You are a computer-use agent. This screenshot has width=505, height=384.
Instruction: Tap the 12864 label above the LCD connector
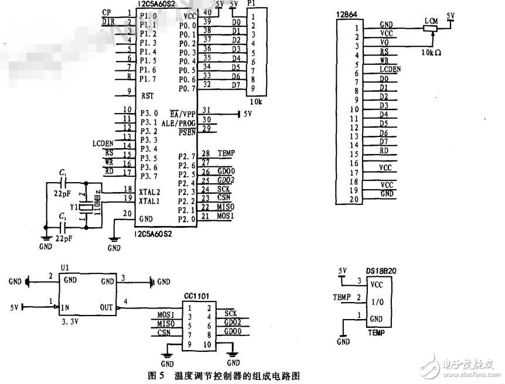346,13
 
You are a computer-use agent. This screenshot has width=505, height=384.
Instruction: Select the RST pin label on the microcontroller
148,95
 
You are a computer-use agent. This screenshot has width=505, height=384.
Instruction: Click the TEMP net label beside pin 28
226,153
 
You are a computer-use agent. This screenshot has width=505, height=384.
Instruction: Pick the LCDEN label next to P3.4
103,143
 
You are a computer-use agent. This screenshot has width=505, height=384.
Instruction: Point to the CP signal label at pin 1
106,12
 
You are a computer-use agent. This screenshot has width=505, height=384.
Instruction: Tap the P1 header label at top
251,4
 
